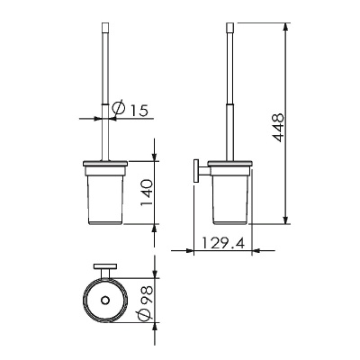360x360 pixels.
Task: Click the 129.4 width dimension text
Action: coord(222,243)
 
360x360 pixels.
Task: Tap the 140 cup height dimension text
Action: coord(147,193)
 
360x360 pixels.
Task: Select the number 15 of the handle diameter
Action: coord(139,111)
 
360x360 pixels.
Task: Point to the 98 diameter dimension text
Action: coord(147,294)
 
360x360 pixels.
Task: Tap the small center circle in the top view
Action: coord(105,300)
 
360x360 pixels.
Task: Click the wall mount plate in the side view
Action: coord(196,171)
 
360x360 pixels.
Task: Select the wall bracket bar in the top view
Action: coord(104,267)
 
